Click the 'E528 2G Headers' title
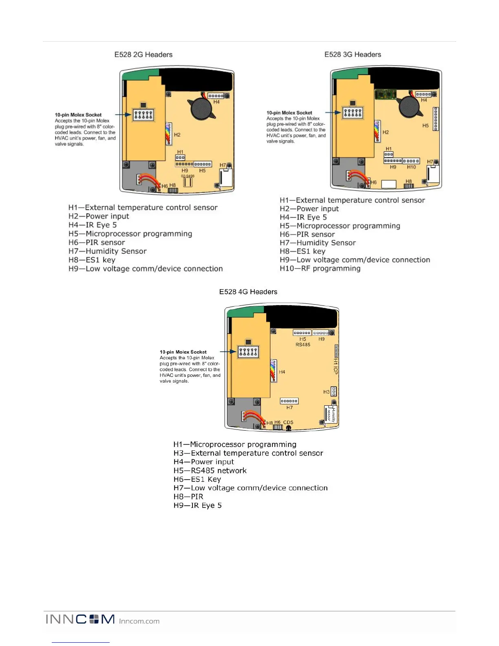click(x=143, y=55)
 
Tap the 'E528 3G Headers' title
click(x=353, y=55)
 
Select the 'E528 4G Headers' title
click(x=248, y=292)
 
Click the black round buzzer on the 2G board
click(x=201, y=108)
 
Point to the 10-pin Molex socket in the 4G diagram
click(x=248, y=352)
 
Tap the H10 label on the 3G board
click(x=411, y=167)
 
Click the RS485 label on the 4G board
click(x=303, y=345)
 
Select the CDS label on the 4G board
click(x=288, y=423)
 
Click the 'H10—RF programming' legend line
click(x=320, y=268)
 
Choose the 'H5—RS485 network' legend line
click(x=210, y=471)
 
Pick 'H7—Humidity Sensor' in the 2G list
click(x=107, y=251)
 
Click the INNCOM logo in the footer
click(x=80, y=619)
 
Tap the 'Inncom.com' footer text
click(x=139, y=622)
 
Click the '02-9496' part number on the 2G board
click(x=188, y=176)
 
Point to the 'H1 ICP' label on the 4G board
click(x=336, y=366)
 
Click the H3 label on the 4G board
click(x=326, y=392)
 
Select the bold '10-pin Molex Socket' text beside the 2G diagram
click(x=78, y=115)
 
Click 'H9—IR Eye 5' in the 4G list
click(x=197, y=506)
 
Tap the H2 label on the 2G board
click(x=177, y=135)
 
